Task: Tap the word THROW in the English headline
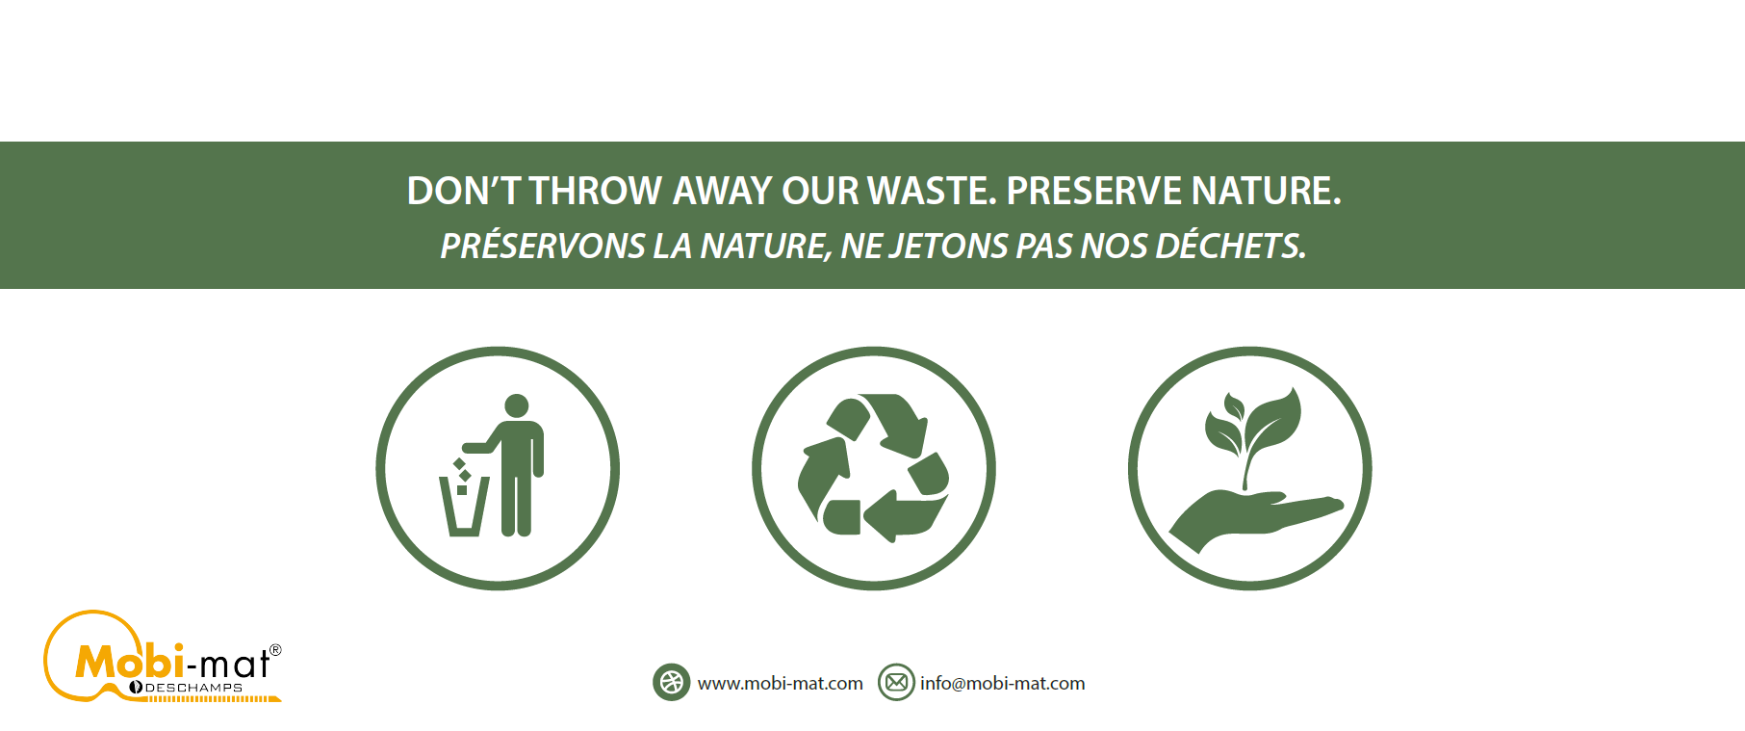coord(596,191)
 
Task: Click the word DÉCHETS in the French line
coord(1231,246)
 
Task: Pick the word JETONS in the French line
coord(947,247)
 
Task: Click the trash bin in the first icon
coord(464,506)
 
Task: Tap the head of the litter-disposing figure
coord(517,405)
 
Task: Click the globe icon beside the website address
coord(672,683)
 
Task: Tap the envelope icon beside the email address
coord(896,683)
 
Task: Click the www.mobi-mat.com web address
coord(781,684)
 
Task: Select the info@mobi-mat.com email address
coord(1003,684)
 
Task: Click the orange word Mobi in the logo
coord(129,662)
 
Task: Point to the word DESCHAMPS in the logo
coord(193,688)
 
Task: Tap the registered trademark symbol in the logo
coord(275,650)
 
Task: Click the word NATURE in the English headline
coord(1266,191)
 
